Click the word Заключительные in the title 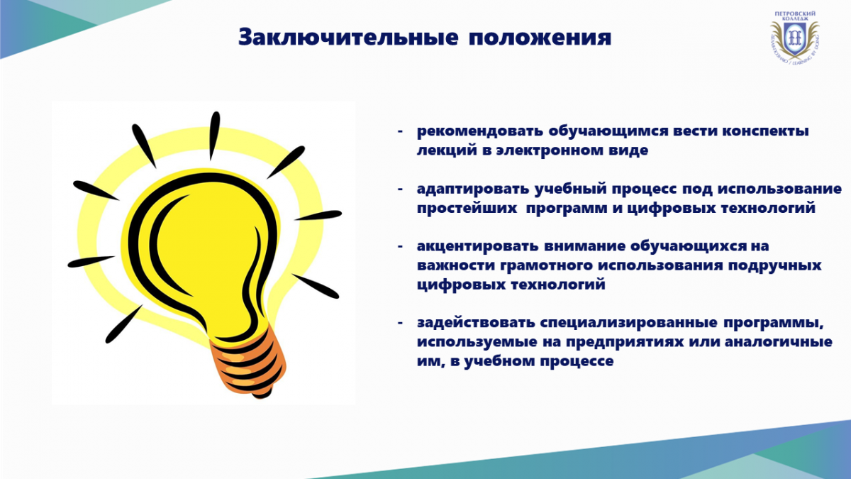[348, 37]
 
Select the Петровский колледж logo [795, 37]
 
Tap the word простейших [467, 209]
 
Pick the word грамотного [546, 265]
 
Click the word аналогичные [779, 342]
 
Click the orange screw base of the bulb [249, 363]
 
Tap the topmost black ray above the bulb [214, 136]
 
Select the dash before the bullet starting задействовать [400, 323]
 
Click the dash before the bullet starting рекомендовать [400, 131]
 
